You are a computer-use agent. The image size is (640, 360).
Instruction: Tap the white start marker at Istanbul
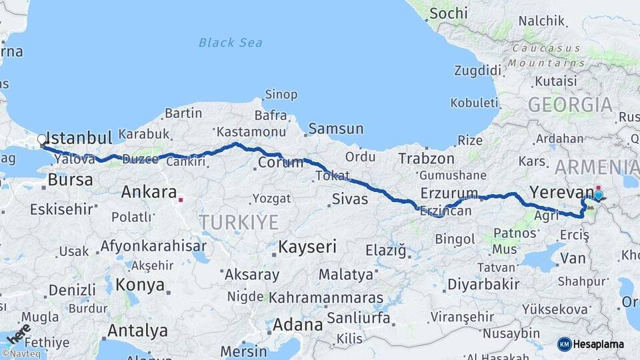(x=42, y=140)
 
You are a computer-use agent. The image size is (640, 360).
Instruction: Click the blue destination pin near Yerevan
(x=598, y=195)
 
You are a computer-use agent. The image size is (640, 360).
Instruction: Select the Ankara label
(x=149, y=192)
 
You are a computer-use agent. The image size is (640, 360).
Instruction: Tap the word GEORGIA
(x=570, y=105)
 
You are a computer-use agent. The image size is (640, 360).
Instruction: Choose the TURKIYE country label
(x=239, y=222)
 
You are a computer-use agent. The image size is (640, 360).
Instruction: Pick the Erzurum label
(x=449, y=193)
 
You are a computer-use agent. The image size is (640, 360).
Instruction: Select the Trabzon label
(x=426, y=159)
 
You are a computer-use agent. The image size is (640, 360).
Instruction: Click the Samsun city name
(x=335, y=129)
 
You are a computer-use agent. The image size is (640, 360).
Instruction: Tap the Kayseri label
(x=307, y=247)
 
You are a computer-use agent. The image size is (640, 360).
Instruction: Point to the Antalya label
(x=137, y=330)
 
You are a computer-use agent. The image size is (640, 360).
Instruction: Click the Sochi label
(x=449, y=13)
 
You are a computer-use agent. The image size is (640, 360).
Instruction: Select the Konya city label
(x=140, y=285)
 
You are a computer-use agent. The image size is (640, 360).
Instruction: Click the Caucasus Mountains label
(x=546, y=55)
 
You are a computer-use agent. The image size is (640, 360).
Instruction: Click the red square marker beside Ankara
(x=181, y=198)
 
